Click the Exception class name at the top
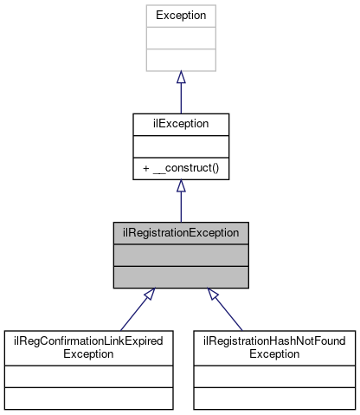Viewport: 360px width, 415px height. (180, 16)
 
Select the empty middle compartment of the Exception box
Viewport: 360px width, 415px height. (180, 38)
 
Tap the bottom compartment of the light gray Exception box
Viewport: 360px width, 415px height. (180, 60)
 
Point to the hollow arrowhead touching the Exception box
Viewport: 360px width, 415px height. (180, 78)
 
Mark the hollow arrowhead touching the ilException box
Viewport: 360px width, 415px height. (180, 186)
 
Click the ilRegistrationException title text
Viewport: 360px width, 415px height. (180, 233)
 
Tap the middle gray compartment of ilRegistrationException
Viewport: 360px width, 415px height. (180, 255)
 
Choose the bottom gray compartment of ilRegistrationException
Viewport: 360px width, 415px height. (180, 276)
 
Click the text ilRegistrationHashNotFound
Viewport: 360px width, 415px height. (273, 341)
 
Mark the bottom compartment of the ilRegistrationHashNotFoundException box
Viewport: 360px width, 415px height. (273, 398)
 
